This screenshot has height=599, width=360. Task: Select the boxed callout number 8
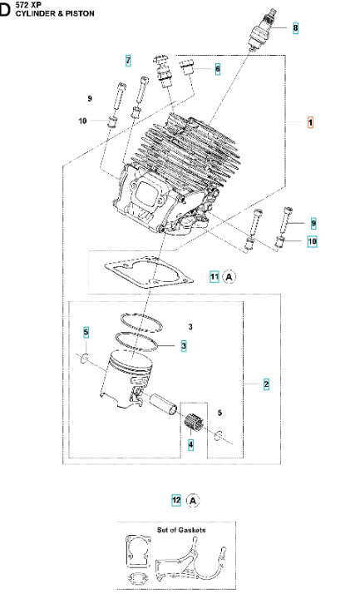(x=295, y=28)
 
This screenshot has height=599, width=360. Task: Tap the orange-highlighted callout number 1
(x=310, y=122)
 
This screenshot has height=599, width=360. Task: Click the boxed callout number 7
(x=128, y=61)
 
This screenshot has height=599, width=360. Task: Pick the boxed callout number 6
(x=217, y=70)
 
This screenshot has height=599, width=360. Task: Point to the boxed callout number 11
(x=214, y=276)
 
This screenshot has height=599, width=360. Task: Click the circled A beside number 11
(x=230, y=276)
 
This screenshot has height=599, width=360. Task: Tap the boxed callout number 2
(x=266, y=384)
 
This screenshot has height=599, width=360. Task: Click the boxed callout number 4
(x=190, y=445)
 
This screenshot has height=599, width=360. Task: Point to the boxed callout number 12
(x=176, y=501)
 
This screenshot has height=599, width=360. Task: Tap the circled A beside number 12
(x=193, y=501)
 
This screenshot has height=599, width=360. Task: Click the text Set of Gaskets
(x=181, y=529)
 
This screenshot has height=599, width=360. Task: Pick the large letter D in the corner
(x=7, y=11)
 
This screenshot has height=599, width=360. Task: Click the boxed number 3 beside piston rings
(x=183, y=345)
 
